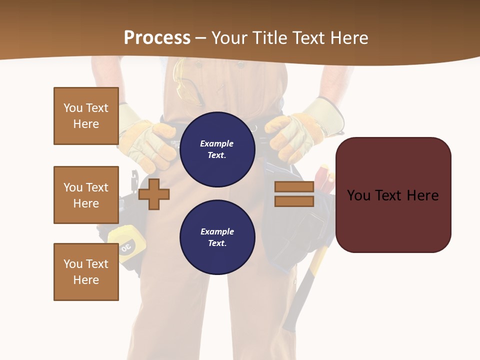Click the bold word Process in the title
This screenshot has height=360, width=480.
coord(157,38)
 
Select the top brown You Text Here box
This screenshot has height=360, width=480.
coord(86,116)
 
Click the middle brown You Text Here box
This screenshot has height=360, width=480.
coord(86,195)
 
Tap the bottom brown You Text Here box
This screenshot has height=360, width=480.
coord(86,272)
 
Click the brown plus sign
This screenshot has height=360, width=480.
coord(154,193)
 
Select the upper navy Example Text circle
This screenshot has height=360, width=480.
coord(217,149)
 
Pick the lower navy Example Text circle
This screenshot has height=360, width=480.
coord(217,237)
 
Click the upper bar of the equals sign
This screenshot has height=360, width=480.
coord(294,187)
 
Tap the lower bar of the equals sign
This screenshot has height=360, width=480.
coord(294,201)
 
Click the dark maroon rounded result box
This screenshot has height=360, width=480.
coord(393,195)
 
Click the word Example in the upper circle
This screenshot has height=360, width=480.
coord(217,143)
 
